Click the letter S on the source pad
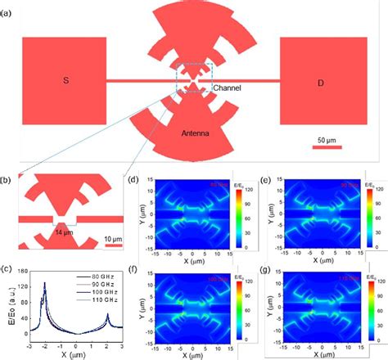(x=65, y=80)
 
